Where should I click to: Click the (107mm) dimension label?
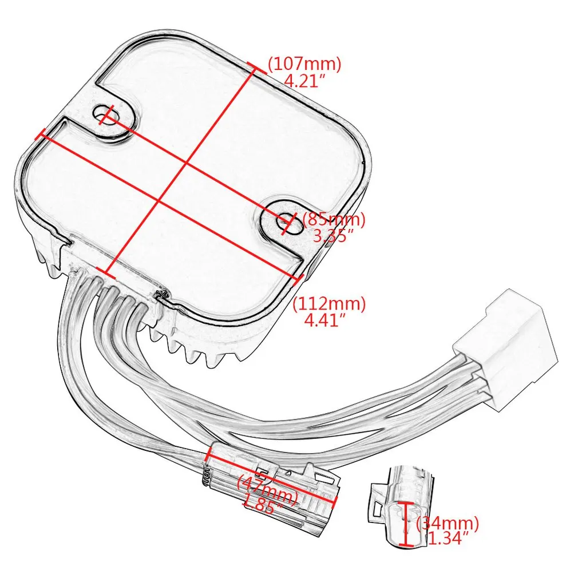click(x=304, y=64)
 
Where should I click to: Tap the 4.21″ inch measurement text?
click(x=304, y=81)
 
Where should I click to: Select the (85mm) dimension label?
click(x=333, y=219)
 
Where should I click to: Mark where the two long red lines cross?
click(x=186, y=164)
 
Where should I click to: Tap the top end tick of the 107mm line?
click(x=256, y=67)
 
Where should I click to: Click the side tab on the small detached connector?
click(x=376, y=498)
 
